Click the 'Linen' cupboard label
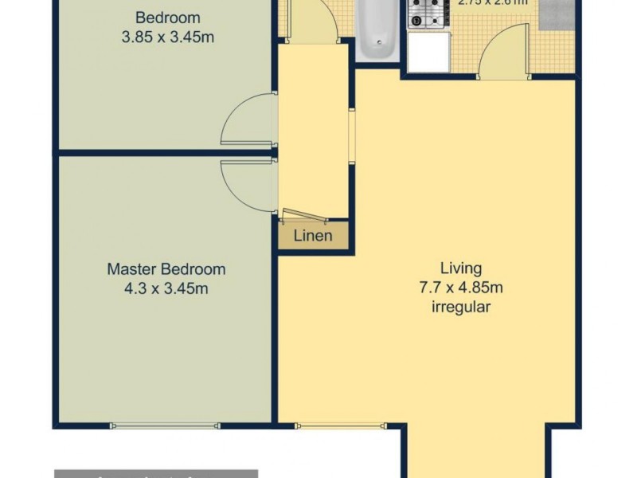(x=313, y=236)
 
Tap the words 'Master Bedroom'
(x=166, y=269)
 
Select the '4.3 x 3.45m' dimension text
(x=166, y=288)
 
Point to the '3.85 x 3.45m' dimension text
(x=167, y=36)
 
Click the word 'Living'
(x=461, y=268)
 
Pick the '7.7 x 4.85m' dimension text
(x=461, y=288)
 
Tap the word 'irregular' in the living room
(x=461, y=307)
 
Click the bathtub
(x=374, y=30)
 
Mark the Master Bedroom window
(x=166, y=425)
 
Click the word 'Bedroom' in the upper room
(x=167, y=18)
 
